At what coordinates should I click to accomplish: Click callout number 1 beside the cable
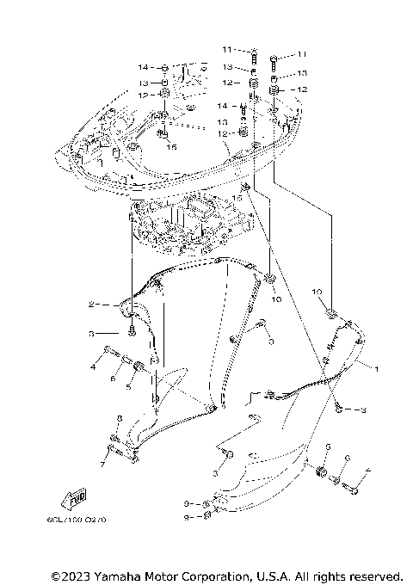point(375,367)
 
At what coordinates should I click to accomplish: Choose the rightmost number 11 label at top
point(300,54)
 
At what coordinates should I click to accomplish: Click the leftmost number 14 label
point(142,66)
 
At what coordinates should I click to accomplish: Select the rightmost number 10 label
point(317,292)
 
